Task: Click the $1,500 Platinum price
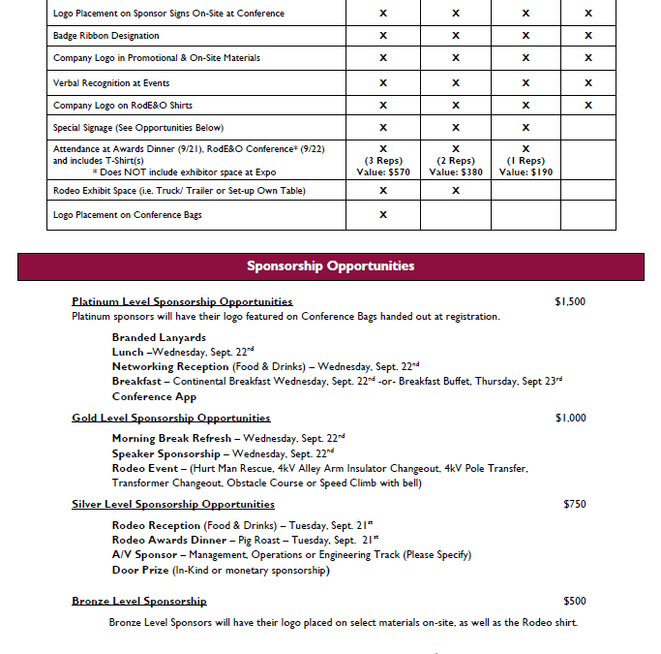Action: click(x=570, y=301)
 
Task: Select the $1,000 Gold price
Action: click(x=570, y=418)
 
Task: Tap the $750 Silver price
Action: click(x=574, y=504)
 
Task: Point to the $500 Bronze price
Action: click(x=574, y=601)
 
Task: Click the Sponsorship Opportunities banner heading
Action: click(x=330, y=265)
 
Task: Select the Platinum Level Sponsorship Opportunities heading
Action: click(x=182, y=301)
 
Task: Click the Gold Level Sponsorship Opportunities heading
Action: click(x=171, y=418)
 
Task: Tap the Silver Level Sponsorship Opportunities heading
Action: click(x=173, y=504)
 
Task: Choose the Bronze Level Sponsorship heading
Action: click(x=139, y=601)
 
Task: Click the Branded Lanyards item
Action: click(x=159, y=337)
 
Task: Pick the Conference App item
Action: click(x=154, y=396)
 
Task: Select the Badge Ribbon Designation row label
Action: click(x=105, y=35)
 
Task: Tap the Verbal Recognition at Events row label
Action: click(x=111, y=82)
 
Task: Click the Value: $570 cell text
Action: click(x=382, y=171)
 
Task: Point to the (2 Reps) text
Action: click(x=456, y=160)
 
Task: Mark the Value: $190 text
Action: click(x=526, y=171)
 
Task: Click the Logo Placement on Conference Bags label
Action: click(x=127, y=214)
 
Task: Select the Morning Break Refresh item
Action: click(x=170, y=438)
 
